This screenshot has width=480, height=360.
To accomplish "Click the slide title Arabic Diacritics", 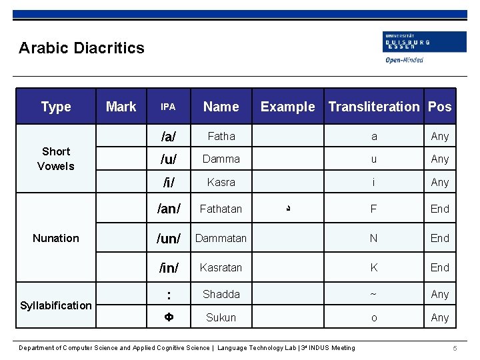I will [81, 48].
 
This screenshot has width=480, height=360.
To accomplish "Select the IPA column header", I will [168, 107].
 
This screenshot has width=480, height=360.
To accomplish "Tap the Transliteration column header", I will [374, 107].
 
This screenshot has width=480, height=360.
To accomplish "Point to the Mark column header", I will [121, 107].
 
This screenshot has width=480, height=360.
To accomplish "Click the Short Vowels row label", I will [56, 159].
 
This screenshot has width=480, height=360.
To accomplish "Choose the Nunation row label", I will [56, 238].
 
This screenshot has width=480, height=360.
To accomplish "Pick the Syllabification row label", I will [56, 305].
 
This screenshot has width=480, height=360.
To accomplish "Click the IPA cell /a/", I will [169, 137].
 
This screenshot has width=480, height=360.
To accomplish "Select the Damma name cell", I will [221, 159].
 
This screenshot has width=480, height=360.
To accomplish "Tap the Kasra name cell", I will [221, 182].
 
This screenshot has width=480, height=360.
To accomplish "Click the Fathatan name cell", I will [221, 209].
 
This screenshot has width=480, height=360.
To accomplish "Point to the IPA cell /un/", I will [169, 238].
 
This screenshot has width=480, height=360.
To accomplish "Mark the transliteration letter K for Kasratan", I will [374, 267].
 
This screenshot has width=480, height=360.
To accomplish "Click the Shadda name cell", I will [221, 294].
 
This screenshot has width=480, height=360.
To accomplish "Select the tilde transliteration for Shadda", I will [374, 294].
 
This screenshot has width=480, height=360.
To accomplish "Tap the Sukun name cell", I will [221, 317].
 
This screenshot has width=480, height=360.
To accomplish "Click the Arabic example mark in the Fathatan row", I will [287, 209].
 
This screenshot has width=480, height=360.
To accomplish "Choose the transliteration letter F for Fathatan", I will [374, 209].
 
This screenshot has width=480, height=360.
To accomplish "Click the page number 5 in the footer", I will [454, 349].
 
